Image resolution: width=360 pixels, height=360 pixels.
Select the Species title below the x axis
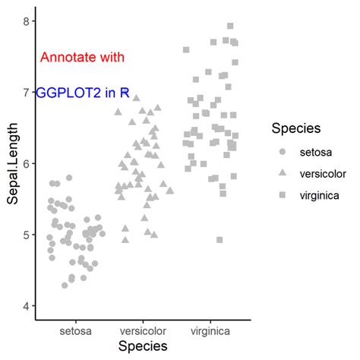pos(143,346)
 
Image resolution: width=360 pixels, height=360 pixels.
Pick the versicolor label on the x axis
pos(143,331)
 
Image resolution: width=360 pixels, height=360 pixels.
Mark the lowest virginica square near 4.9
pos(219,240)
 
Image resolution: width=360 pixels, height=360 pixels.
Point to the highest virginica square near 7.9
pos(230,26)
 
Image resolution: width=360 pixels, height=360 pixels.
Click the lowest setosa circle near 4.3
pos(65,285)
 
